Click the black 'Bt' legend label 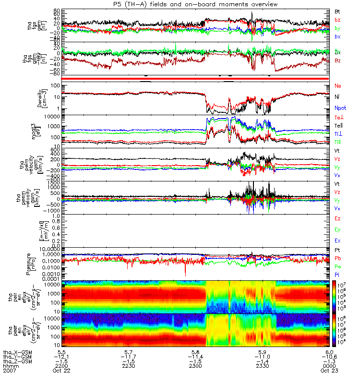337,11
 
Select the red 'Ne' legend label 338,85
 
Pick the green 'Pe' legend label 338,266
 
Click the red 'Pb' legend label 338,258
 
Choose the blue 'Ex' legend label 338,240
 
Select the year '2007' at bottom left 10,371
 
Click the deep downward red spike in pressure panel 186,274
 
